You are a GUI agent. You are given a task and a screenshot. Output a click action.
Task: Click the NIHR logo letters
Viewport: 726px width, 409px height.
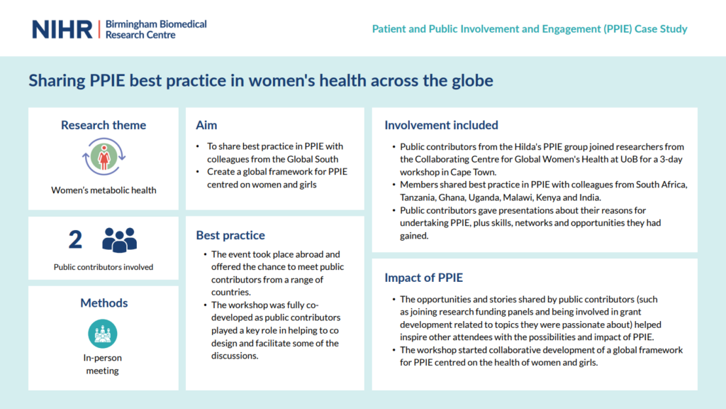coord(62,30)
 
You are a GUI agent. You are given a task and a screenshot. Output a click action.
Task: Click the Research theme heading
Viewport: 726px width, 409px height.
coord(104,125)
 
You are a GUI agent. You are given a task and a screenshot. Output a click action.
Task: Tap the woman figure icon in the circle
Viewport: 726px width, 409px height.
coord(104,157)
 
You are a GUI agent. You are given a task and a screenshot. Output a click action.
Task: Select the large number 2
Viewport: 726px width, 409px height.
coord(75,239)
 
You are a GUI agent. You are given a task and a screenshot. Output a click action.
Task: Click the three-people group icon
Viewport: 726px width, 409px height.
coord(119,240)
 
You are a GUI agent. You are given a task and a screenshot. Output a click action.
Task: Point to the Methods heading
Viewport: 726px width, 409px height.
coord(104,302)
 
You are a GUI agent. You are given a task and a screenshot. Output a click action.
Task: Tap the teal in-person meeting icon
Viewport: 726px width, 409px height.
coord(102,334)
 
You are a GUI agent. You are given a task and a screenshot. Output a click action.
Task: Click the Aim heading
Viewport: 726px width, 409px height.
coord(206,125)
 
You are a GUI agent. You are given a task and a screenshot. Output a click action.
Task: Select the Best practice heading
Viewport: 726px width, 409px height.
coord(230,235)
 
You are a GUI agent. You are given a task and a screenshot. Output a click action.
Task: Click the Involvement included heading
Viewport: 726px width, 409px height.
coord(441,125)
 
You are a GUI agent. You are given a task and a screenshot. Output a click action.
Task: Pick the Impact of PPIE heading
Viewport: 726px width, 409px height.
coord(424,278)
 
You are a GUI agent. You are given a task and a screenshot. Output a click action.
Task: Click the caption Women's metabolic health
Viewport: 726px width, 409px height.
coord(104,190)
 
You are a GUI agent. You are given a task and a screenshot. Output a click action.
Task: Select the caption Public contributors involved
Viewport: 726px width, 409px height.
coord(104,267)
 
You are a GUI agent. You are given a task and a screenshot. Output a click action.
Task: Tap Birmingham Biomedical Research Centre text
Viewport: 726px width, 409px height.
coord(156,29)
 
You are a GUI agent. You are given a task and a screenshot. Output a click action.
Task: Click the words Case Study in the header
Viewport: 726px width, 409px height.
coord(661,28)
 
